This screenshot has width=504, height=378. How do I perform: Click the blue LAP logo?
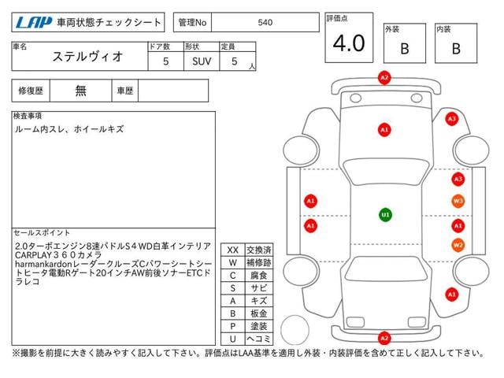point(34,23)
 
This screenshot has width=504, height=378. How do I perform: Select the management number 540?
point(265,23)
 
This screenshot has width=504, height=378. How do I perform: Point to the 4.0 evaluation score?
point(349,43)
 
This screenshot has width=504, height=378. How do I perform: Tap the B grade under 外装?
point(405,49)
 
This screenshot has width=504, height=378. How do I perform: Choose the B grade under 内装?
point(456,49)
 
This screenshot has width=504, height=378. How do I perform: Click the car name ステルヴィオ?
point(87,57)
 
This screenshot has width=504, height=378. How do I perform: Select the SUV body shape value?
point(202,61)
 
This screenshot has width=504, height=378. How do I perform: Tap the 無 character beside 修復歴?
point(80,91)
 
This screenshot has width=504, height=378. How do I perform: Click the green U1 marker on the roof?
point(385,215)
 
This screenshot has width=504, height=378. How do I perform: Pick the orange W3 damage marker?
point(458,202)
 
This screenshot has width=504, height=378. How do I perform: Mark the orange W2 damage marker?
point(458,245)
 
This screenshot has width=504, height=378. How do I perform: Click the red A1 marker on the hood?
point(384,130)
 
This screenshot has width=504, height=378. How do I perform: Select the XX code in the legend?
point(233,250)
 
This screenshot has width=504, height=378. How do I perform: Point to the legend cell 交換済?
point(259,250)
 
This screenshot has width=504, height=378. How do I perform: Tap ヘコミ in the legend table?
point(259,339)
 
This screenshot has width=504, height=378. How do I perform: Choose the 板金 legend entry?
point(259,313)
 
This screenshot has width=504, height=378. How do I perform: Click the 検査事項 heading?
point(28,116)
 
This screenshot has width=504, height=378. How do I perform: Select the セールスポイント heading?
point(42,233)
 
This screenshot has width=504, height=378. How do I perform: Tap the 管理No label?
point(192,23)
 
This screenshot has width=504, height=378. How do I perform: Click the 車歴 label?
point(125,91)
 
